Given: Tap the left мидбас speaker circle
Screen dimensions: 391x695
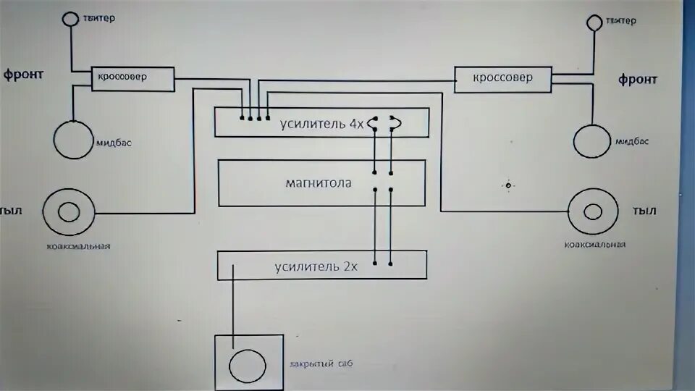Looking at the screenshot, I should [73, 138].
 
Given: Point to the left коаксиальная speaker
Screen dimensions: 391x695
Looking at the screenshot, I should [69, 212].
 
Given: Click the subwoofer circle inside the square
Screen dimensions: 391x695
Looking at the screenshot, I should [248, 366].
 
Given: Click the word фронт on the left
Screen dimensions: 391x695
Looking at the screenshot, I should [24, 75].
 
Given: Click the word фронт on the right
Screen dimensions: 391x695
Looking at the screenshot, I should [638, 80].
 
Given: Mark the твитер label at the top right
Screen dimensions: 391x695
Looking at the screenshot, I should [620, 21].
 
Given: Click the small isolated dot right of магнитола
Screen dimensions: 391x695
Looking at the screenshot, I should [508, 186].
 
